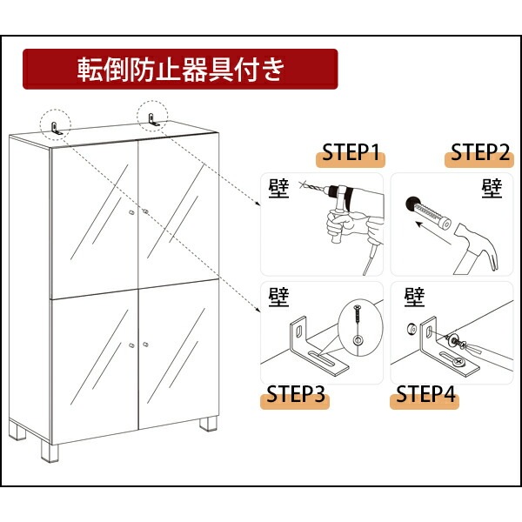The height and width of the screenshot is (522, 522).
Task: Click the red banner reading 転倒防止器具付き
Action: [x=179, y=69]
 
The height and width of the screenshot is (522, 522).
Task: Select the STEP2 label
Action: [x=478, y=154]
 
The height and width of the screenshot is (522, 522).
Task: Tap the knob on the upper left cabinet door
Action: [x=130, y=212]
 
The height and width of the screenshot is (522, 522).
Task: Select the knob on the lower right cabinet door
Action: [x=147, y=347]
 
